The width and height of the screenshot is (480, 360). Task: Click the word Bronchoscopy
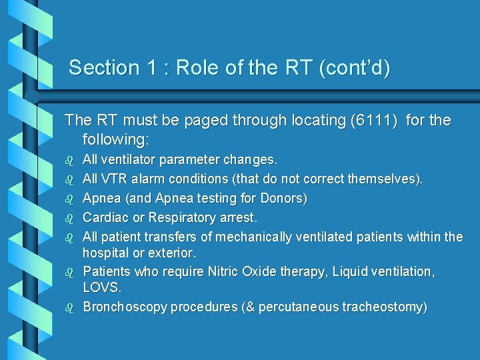tap(125, 307)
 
